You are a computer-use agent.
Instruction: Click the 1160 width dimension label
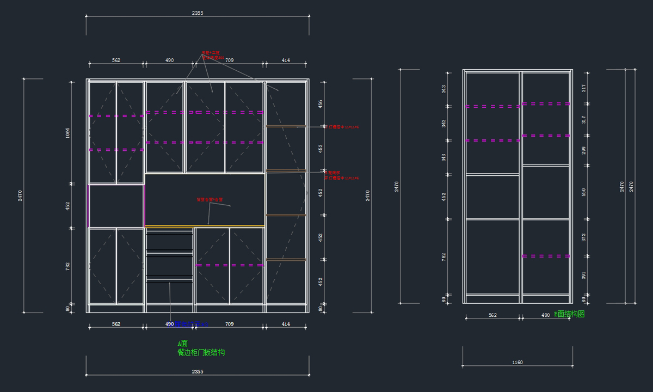pos(517,363)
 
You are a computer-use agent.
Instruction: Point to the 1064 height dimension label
pos(68,133)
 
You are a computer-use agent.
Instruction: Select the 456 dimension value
pos(321,103)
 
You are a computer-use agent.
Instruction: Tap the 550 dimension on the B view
pos(584,192)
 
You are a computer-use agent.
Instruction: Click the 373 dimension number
pos(584,237)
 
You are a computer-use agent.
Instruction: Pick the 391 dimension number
pos(584,276)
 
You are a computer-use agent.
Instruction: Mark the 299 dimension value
pos(584,150)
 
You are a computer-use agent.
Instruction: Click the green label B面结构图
pos(569,314)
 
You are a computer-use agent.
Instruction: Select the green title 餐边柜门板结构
pos(201,353)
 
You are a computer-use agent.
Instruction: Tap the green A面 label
pos(182,344)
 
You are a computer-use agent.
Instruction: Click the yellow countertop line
pos(205,225)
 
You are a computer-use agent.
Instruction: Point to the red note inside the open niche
pos(209,200)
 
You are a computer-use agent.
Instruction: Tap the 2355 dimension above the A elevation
pos(198,13)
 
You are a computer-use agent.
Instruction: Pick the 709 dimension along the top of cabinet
pos(229,60)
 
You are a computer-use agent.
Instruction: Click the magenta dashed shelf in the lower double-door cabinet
pos(230,265)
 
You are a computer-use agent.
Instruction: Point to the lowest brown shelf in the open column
pos(286,259)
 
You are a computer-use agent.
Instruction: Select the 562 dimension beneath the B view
pos(492,315)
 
